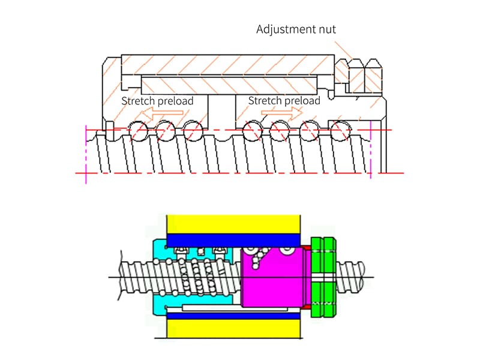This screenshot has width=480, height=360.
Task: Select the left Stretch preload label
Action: click(157, 101)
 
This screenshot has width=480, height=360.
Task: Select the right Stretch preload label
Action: click(284, 101)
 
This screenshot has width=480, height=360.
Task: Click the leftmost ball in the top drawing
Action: click(137, 130)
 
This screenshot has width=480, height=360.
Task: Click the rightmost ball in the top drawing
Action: click(340, 130)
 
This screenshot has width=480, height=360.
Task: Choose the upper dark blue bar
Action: click(233, 239)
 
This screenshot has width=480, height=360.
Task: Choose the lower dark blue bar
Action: click(233, 314)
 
